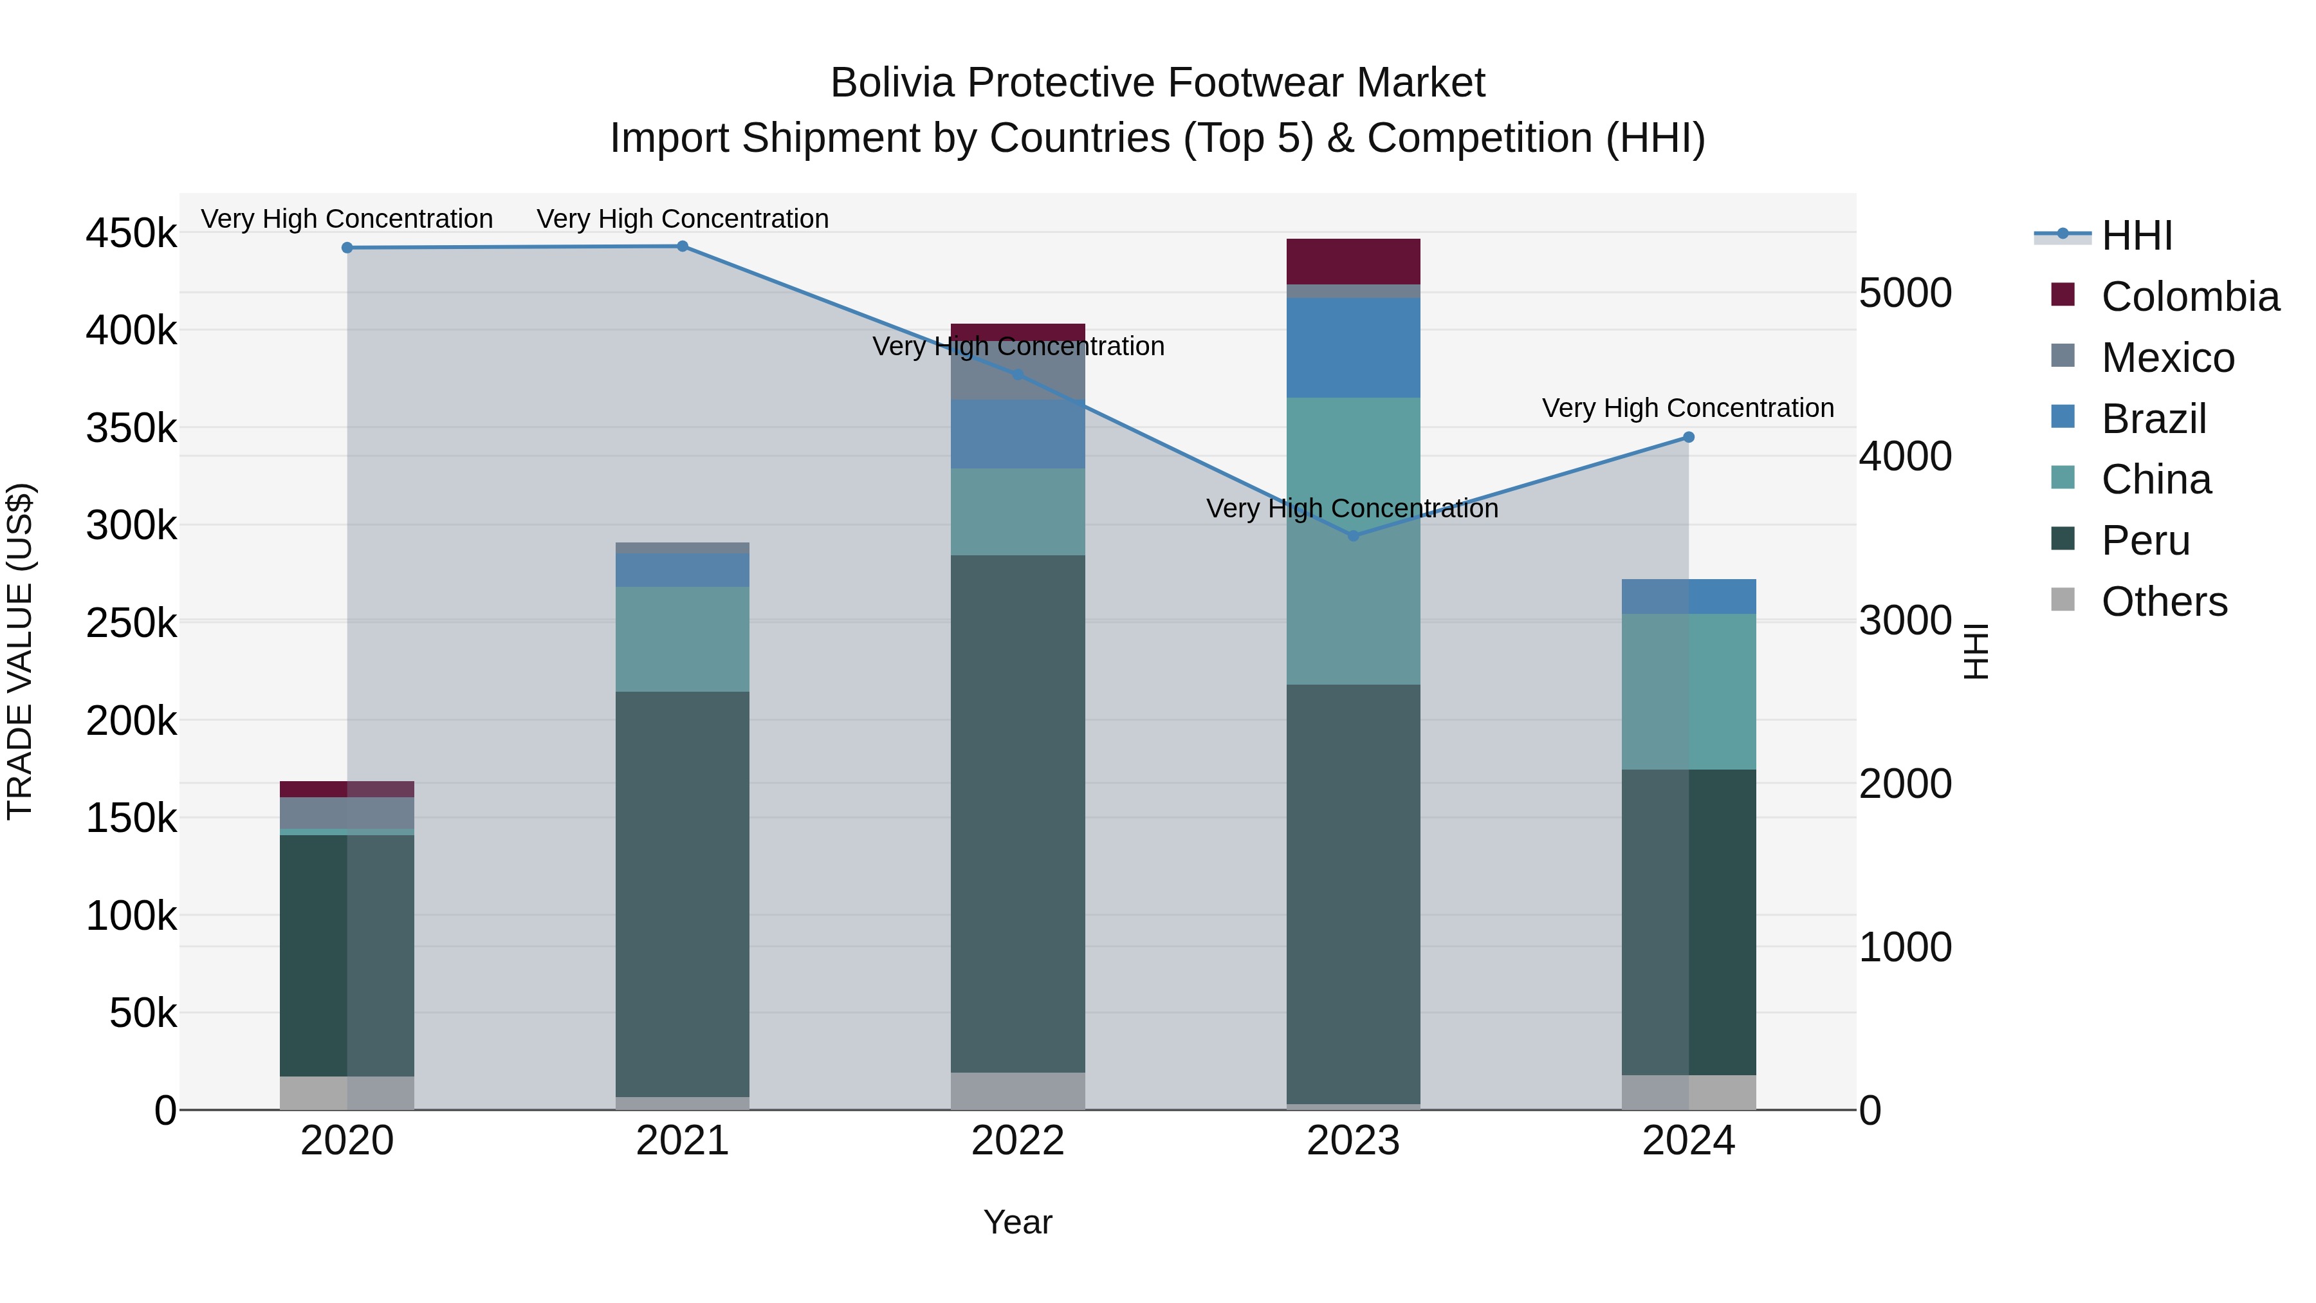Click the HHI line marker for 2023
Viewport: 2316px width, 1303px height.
pyautogui.click(x=1353, y=536)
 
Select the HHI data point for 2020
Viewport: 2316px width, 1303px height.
pyautogui.click(x=347, y=248)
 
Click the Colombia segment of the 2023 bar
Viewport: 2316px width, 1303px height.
pyautogui.click(x=1353, y=262)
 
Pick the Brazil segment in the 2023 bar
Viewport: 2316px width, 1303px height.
pyautogui.click(x=1353, y=348)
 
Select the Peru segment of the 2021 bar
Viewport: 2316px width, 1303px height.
pyautogui.click(x=683, y=893)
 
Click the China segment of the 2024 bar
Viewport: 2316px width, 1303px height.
pyautogui.click(x=1689, y=692)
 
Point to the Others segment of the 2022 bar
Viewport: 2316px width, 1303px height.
pyautogui.click(x=1018, y=1091)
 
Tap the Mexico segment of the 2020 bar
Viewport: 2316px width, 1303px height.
pyautogui.click(x=347, y=813)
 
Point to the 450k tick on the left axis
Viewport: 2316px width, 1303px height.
pyautogui.click(x=131, y=234)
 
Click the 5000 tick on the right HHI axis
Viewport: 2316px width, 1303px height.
pyautogui.click(x=1905, y=293)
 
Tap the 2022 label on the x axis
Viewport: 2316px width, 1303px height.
pyautogui.click(x=1018, y=1141)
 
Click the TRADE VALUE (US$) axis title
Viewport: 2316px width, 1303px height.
pyautogui.click(x=21, y=651)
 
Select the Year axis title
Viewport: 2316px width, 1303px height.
pyautogui.click(x=1018, y=1222)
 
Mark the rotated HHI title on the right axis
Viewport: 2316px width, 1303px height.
pyautogui.click(x=1975, y=651)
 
